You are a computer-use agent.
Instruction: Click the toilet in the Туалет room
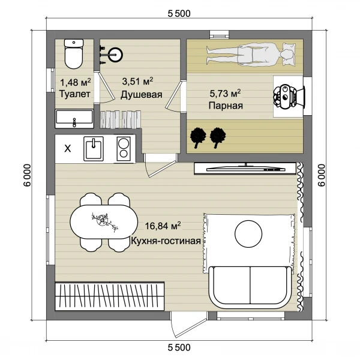(x=74, y=54)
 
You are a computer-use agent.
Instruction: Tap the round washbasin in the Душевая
(x=115, y=55)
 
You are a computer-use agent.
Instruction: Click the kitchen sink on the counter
(x=93, y=149)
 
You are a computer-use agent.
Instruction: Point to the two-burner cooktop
(x=124, y=149)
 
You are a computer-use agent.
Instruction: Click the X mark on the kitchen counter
(x=68, y=149)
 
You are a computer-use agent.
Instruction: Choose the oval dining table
(x=104, y=222)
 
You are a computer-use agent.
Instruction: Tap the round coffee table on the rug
(x=248, y=234)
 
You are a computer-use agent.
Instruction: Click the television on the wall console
(x=246, y=169)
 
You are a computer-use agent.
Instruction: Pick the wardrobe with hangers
(x=110, y=296)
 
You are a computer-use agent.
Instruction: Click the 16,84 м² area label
(x=163, y=226)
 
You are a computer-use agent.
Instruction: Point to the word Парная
(x=226, y=106)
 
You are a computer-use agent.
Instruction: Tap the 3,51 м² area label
(x=137, y=81)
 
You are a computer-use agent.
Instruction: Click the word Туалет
(x=75, y=94)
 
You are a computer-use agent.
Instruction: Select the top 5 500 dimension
(x=179, y=14)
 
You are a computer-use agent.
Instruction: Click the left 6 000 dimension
(x=27, y=175)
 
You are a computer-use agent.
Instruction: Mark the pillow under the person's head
(x=288, y=55)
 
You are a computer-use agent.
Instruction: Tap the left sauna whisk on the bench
(x=198, y=137)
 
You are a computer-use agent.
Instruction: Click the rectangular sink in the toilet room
(x=74, y=118)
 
